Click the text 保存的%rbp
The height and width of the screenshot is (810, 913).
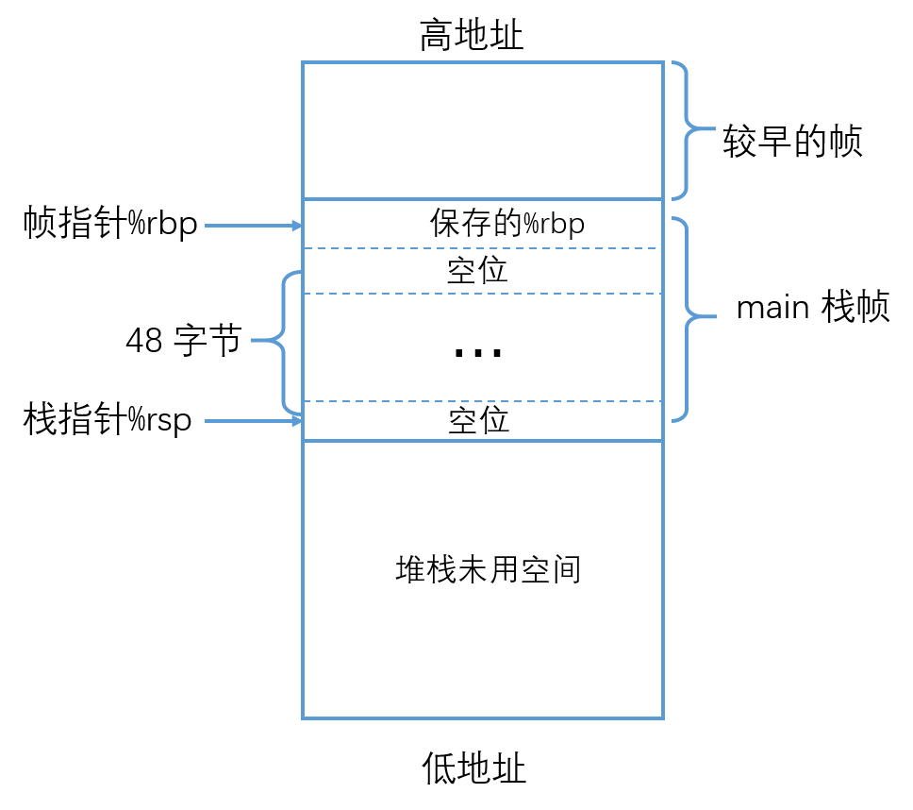[x=507, y=224]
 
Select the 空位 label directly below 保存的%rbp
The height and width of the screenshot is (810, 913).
[x=477, y=271]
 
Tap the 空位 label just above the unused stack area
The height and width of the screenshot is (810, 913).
[x=478, y=420]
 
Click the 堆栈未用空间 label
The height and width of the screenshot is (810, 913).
[x=488, y=570]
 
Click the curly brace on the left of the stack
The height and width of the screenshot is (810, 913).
[x=281, y=340]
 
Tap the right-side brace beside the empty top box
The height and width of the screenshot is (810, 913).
[x=689, y=129]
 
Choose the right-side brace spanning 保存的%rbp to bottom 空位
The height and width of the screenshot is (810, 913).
[x=689, y=318]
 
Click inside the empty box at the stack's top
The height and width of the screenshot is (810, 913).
[x=482, y=130]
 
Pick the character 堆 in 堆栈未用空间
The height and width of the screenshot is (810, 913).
[x=410, y=570]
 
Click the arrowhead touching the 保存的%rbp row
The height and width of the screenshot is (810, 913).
[x=296, y=226]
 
